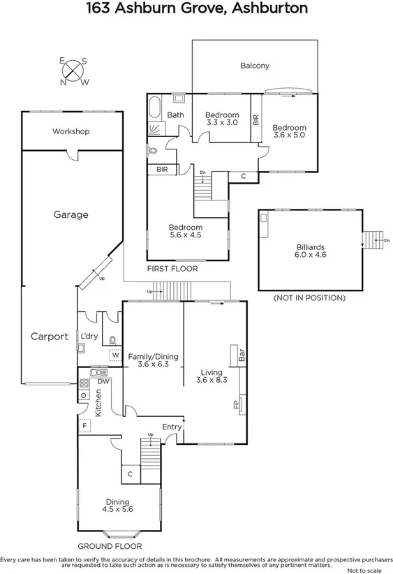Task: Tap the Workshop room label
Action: pyautogui.click(x=71, y=131)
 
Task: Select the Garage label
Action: pyautogui.click(x=71, y=215)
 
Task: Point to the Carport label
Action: pyautogui.click(x=50, y=337)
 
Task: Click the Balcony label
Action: pyautogui.click(x=255, y=66)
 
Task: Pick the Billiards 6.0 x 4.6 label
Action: pyautogui.click(x=311, y=251)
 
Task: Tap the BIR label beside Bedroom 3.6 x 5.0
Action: pyautogui.click(x=256, y=119)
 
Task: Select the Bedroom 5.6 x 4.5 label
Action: pyautogui.click(x=186, y=231)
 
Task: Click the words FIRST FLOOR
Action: pyautogui.click(x=172, y=269)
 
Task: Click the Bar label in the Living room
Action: pyautogui.click(x=242, y=355)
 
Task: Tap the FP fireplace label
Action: pyautogui.click(x=235, y=404)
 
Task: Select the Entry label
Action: pyautogui.click(x=172, y=427)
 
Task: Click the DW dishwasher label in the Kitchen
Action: pyautogui.click(x=103, y=381)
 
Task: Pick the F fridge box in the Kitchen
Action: pyautogui.click(x=84, y=425)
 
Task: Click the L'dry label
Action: pyautogui.click(x=89, y=337)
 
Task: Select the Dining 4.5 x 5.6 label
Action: pyautogui.click(x=119, y=506)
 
